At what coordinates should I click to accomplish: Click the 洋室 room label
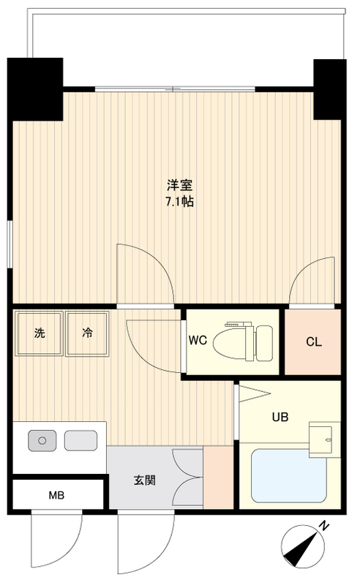click(179, 186)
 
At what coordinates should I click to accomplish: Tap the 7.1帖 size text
click(179, 201)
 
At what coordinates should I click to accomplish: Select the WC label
click(197, 340)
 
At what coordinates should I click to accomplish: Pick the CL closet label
click(313, 341)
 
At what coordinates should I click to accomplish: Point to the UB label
click(280, 418)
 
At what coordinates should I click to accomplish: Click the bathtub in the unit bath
click(289, 475)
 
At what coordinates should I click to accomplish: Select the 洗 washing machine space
click(39, 333)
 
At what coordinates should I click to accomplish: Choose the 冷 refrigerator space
click(86, 333)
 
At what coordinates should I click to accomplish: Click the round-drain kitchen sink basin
click(42, 440)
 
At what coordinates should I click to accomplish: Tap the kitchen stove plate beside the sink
click(80, 440)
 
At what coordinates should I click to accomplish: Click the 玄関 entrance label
click(143, 480)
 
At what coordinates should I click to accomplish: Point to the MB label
click(56, 496)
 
